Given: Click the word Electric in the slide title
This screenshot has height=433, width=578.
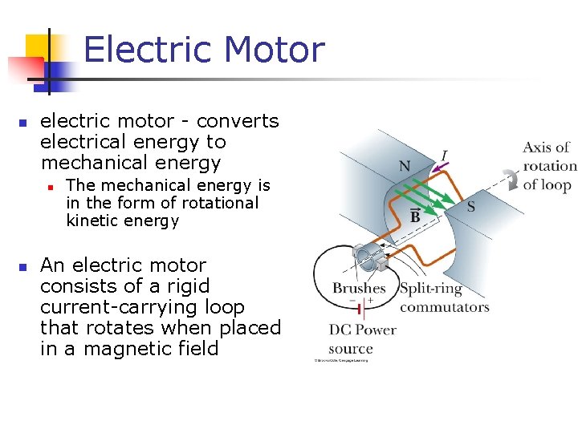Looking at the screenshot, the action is tap(149, 50).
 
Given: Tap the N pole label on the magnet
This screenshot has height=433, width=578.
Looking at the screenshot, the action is tap(405, 166).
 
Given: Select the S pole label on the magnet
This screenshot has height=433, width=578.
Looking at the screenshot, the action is tap(471, 207).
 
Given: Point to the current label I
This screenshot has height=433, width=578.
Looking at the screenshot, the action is tap(444, 155).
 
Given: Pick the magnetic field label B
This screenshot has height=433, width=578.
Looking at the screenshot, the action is tap(415, 216).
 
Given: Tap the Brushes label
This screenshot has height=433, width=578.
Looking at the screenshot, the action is tap(359, 288).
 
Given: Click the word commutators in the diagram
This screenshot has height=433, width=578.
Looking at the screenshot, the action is tap(444, 306).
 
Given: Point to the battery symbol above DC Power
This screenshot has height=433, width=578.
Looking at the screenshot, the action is tap(362, 307).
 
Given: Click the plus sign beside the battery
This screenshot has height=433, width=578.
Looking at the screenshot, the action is tap(370, 300).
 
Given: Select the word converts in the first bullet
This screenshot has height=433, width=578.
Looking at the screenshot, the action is tap(238, 121).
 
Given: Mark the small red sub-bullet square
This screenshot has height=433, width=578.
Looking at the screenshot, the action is tap(50, 186).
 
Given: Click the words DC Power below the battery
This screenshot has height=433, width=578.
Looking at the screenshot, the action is tap(362, 330).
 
